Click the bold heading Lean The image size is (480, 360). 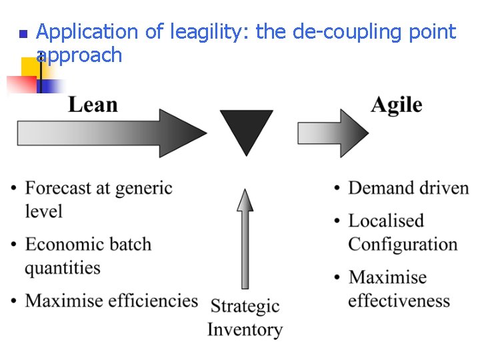[93, 105]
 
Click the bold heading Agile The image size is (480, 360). [397, 105]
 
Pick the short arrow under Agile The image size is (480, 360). [331, 133]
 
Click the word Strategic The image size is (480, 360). [245, 307]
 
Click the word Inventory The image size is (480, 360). [245, 329]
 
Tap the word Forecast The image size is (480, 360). [59, 189]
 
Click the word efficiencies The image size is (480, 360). [153, 301]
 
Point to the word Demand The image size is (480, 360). [381, 188]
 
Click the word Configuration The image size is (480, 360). [403, 244]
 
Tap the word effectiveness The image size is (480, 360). [399, 301]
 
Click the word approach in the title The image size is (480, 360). [79, 55]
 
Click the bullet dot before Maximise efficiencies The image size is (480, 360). [13, 301]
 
